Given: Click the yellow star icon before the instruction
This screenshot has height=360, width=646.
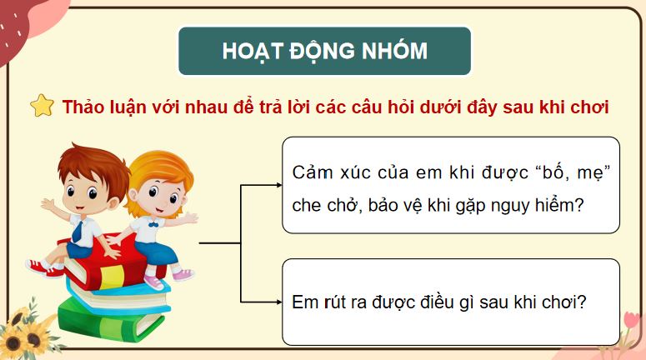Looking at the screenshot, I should click(x=42, y=107).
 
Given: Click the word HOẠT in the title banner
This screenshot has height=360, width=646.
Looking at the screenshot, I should click(x=249, y=52).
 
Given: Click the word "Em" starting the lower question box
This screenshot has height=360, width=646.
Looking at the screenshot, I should click(x=304, y=302).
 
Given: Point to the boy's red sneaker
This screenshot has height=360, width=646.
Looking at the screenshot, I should click(x=42, y=267).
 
